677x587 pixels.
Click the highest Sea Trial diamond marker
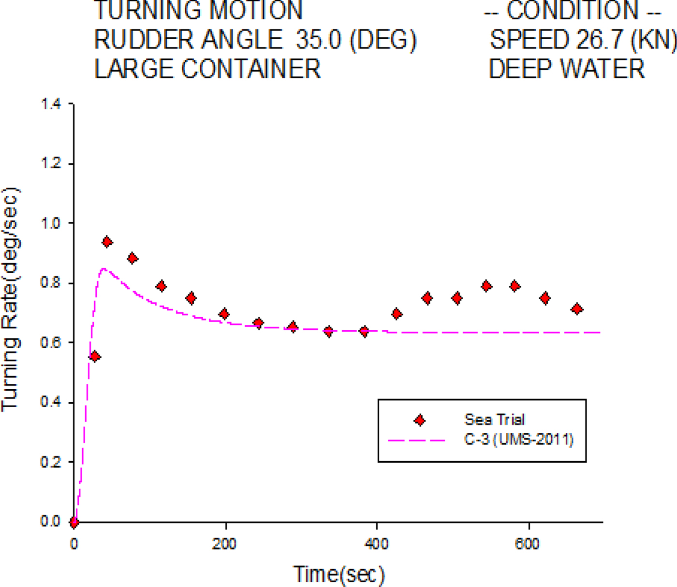(107, 242)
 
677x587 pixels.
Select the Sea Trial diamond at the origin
(74, 522)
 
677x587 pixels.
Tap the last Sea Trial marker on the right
(577, 309)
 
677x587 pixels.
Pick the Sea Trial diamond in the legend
(420, 420)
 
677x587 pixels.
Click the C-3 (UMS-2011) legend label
(519, 440)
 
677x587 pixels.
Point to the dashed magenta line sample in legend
(416, 440)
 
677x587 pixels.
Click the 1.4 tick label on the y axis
(51, 104)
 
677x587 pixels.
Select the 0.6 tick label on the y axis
(51, 342)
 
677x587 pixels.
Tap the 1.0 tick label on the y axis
(51, 223)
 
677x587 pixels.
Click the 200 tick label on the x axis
(224, 544)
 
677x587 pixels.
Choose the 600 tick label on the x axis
(528, 544)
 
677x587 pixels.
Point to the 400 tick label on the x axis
(376, 544)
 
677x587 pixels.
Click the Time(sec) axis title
(339, 574)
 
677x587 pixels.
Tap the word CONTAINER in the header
(251, 69)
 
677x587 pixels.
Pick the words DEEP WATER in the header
(567, 69)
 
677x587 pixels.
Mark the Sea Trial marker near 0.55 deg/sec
(95, 356)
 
